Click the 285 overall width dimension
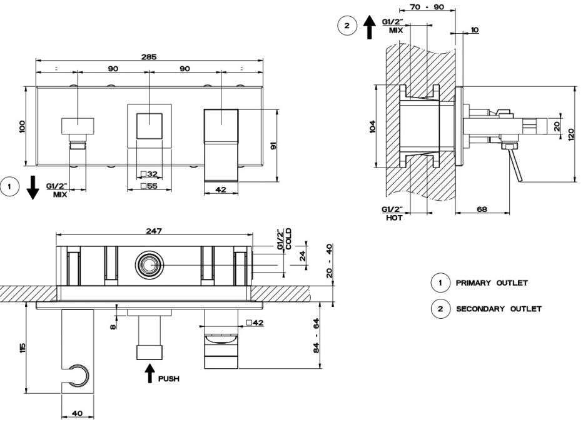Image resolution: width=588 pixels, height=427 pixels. (x=149, y=57)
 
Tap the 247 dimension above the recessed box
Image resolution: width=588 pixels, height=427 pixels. (x=154, y=231)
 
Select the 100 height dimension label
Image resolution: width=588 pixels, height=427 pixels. (x=22, y=126)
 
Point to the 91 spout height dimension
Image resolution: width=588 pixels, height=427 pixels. (x=273, y=146)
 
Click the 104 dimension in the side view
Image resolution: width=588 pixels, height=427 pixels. (x=372, y=127)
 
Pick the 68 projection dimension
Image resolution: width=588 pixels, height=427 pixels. (x=482, y=209)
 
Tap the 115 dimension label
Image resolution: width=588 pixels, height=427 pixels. (x=23, y=348)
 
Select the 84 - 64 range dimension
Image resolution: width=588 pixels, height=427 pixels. (x=317, y=336)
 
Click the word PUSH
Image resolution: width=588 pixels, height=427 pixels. (x=169, y=379)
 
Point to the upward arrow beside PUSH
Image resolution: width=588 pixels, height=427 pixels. (x=150, y=373)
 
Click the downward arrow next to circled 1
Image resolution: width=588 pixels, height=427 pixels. (x=33, y=187)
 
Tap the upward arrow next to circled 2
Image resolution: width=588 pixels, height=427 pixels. (x=370, y=27)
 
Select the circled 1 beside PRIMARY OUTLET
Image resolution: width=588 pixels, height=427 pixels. (x=440, y=283)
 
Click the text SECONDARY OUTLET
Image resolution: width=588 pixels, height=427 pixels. (x=499, y=309)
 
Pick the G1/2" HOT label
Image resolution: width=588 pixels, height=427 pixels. (x=393, y=213)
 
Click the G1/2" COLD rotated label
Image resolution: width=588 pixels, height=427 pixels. (x=284, y=239)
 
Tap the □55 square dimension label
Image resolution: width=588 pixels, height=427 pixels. (x=150, y=186)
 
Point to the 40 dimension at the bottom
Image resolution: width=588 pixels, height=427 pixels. (x=77, y=413)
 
